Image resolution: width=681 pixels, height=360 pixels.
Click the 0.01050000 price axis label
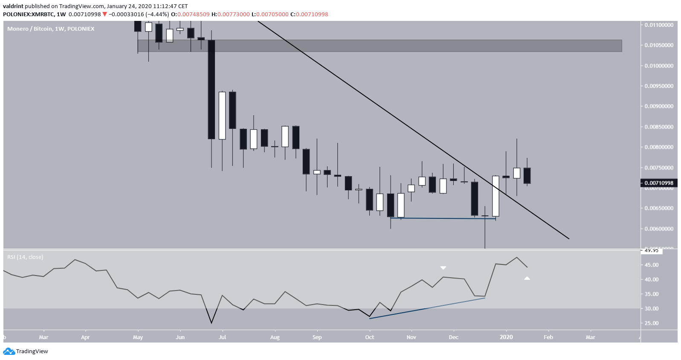(659, 45)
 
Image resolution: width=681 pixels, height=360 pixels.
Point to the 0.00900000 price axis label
(659, 106)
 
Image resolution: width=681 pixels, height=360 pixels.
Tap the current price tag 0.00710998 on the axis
(659, 183)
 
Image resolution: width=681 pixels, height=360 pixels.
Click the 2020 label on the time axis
(506, 337)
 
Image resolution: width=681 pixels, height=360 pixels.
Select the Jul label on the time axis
(222, 337)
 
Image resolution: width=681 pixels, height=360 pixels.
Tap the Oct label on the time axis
(370, 337)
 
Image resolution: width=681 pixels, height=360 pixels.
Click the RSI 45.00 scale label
(652, 265)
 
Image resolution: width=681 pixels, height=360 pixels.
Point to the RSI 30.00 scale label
(652, 308)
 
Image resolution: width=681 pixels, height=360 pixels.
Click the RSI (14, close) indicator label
(25, 257)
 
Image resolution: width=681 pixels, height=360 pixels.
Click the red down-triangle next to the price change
(105, 14)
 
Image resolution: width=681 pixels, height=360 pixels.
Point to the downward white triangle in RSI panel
(443, 268)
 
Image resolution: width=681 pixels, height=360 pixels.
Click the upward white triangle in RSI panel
(527, 278)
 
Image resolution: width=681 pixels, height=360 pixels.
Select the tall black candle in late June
(212, 90)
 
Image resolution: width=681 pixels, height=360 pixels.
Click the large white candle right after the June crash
(222, 115)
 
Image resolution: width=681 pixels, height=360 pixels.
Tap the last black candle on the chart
(527, 176)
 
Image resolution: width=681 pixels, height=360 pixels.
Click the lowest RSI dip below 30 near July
(212, 322)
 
